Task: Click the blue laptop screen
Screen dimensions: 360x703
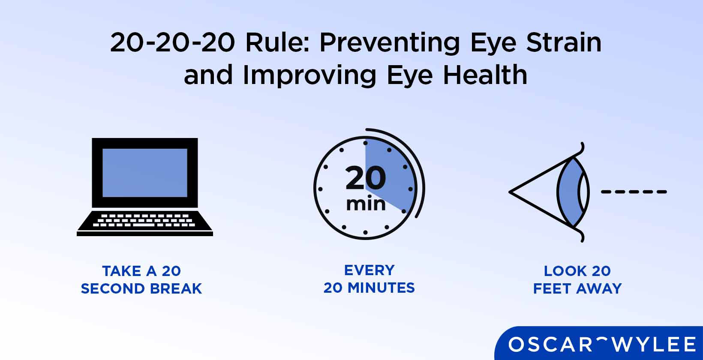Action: (145, 173)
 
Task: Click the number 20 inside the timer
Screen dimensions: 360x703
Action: (366, 178)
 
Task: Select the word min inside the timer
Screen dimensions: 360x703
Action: (366, 204)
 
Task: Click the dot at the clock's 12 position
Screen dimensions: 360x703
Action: (365, 143)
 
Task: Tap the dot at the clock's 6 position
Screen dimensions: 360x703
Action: (365, 233)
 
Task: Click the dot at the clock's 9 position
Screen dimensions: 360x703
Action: (320, 189)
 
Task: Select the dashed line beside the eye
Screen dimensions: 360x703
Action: (634, 192)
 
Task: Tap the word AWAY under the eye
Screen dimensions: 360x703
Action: (599, 289)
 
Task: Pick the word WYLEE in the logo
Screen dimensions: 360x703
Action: (658, 345)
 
